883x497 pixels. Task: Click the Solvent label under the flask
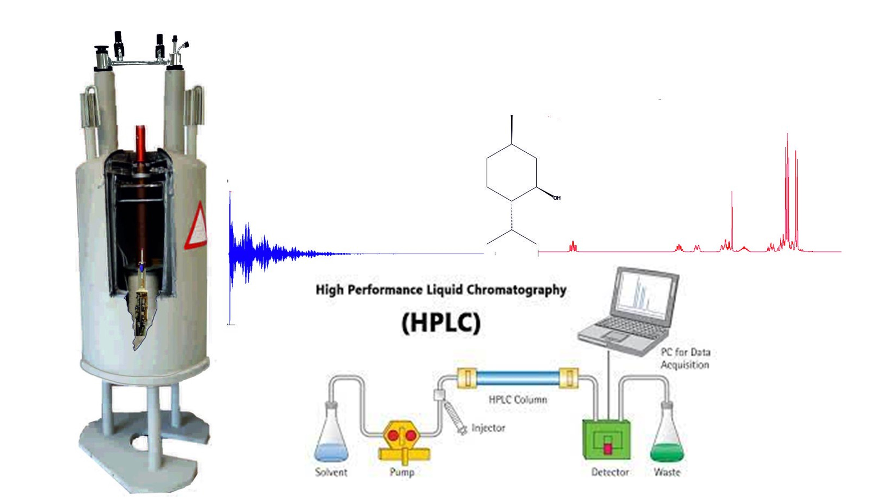331,472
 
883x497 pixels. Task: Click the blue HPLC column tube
518,378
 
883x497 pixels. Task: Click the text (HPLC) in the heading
441,322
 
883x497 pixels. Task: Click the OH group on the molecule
557,198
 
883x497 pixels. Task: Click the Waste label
667,472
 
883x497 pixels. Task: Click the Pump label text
402,472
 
